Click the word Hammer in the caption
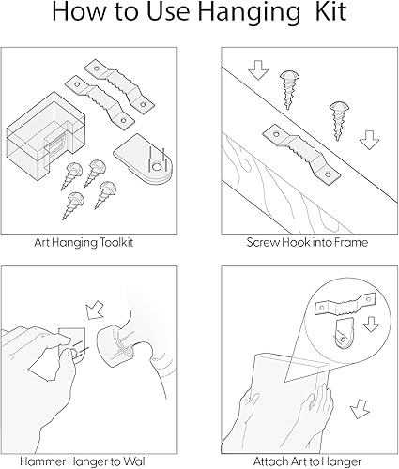coord(55,461)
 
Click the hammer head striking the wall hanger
coord(121,339)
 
